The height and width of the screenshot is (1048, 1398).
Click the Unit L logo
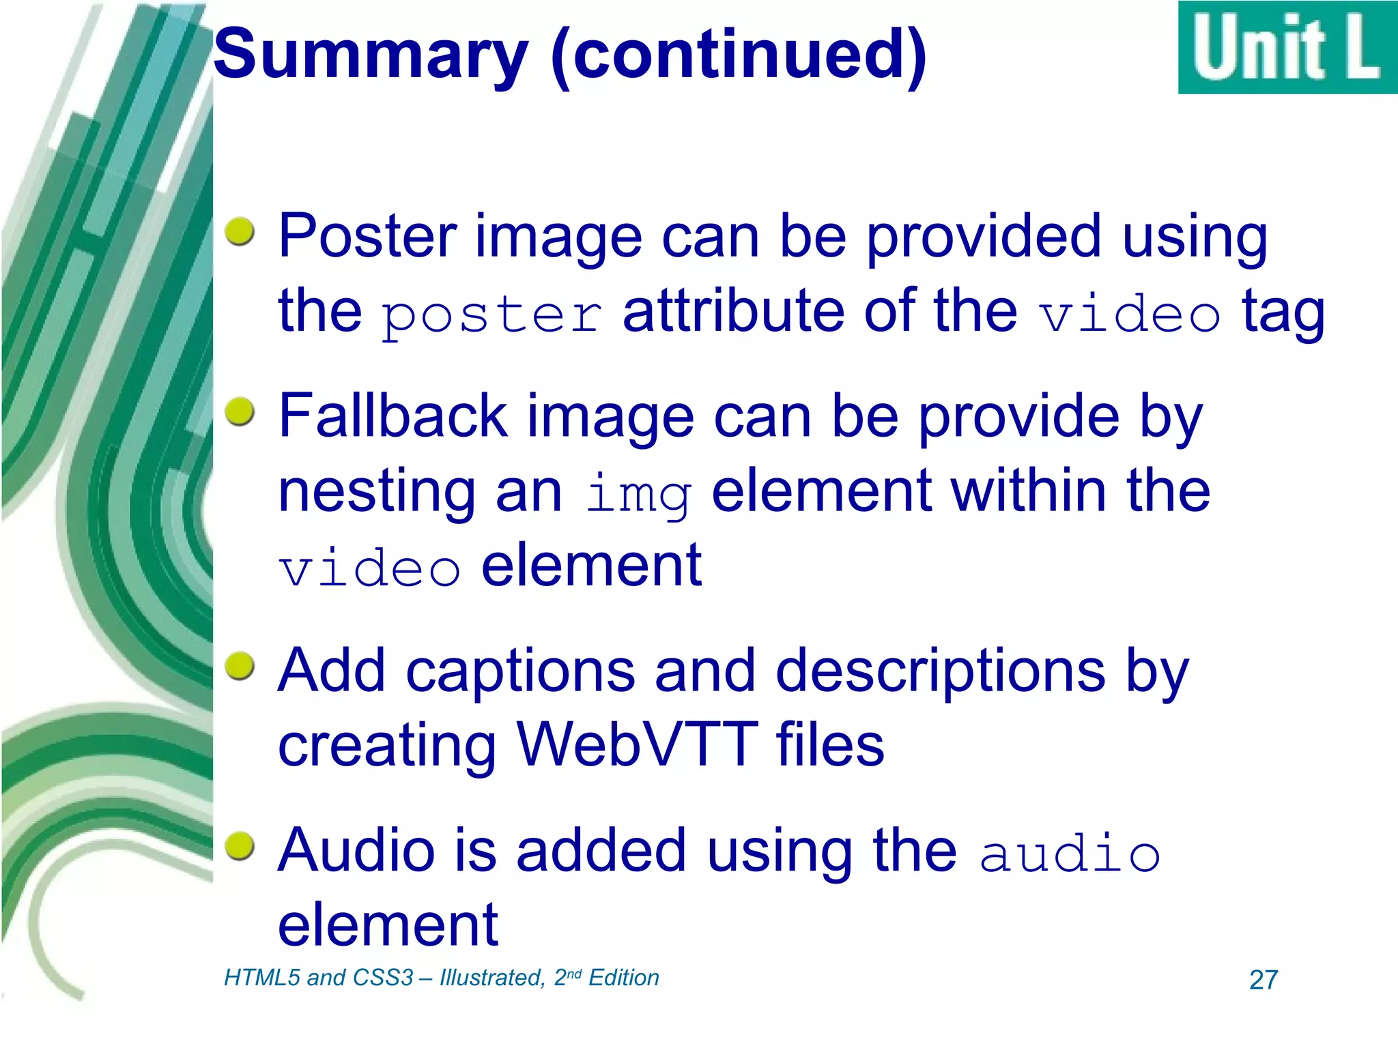point(1287,48)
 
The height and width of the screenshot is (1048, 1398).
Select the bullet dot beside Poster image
point(240,232)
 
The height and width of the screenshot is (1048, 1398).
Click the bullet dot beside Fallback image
point(240,411)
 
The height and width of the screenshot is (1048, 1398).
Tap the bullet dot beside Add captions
point(240,665)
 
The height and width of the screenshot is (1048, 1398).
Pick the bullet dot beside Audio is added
point(240,846)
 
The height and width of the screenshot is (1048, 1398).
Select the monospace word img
point(638,493)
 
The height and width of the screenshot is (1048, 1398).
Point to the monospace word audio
point(1070,853)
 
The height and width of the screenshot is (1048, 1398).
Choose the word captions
point(520,671)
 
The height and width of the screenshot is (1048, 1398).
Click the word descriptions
point(940,671)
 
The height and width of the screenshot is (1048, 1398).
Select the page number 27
point(1263,980)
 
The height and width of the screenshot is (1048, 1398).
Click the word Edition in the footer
point(623,978)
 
